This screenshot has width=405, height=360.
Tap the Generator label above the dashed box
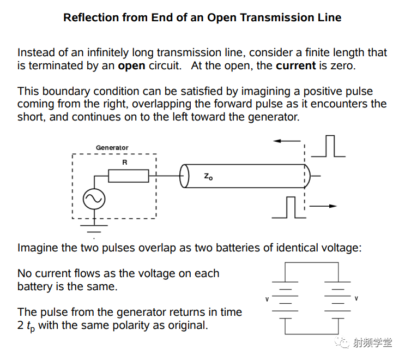point(112,148)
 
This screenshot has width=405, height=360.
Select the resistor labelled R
point(129,176)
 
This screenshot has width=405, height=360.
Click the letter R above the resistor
point(125,163)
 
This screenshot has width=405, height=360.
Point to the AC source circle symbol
point(94,199)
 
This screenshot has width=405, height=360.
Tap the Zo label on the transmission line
point(208,177)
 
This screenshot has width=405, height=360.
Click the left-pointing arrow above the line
point(287,141)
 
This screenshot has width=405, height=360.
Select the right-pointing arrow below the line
point(323,206)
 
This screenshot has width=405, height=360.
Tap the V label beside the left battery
point(267,299)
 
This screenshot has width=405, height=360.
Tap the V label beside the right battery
point(356,298)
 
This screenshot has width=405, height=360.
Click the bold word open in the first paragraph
point(131,66)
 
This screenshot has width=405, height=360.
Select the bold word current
point(296,65)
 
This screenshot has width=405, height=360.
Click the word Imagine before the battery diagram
point(38,248)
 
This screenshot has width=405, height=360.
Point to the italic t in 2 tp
point(28,325)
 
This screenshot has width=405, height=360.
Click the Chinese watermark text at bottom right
point(372,343)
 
